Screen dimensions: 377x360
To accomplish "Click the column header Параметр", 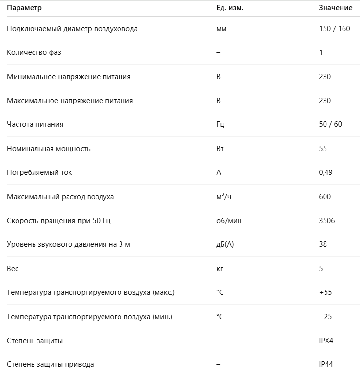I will coord(24,8).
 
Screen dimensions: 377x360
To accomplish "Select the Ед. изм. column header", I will coord(230,8).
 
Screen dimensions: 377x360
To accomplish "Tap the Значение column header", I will coord(336,8).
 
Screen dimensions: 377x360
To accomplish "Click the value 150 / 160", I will coord(334,29).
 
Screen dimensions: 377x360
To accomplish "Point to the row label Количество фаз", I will coord(34,52).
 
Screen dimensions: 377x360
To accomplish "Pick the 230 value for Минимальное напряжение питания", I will coord(325,77).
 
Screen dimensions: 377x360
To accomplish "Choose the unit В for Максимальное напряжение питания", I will coord(218,101).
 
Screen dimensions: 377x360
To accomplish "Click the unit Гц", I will coord(220,124).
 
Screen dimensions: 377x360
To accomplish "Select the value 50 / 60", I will coord(330,124).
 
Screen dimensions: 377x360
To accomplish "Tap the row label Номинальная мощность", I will coord(49,149).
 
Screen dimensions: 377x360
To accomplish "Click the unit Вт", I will coord(220,149).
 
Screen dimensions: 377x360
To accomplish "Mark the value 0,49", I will coord(326,172).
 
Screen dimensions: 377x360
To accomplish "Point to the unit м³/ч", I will coord(223,197).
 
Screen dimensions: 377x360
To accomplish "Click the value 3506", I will coord(327,221).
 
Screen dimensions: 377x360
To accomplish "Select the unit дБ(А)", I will coord(225,244).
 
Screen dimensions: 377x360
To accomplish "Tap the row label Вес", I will coord(13,269).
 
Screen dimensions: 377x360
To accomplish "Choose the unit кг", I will coord(219,269).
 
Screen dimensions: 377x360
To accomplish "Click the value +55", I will coord(325,292).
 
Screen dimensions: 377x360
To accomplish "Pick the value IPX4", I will coord(326,341).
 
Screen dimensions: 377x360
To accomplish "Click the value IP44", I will coord(326,364).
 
